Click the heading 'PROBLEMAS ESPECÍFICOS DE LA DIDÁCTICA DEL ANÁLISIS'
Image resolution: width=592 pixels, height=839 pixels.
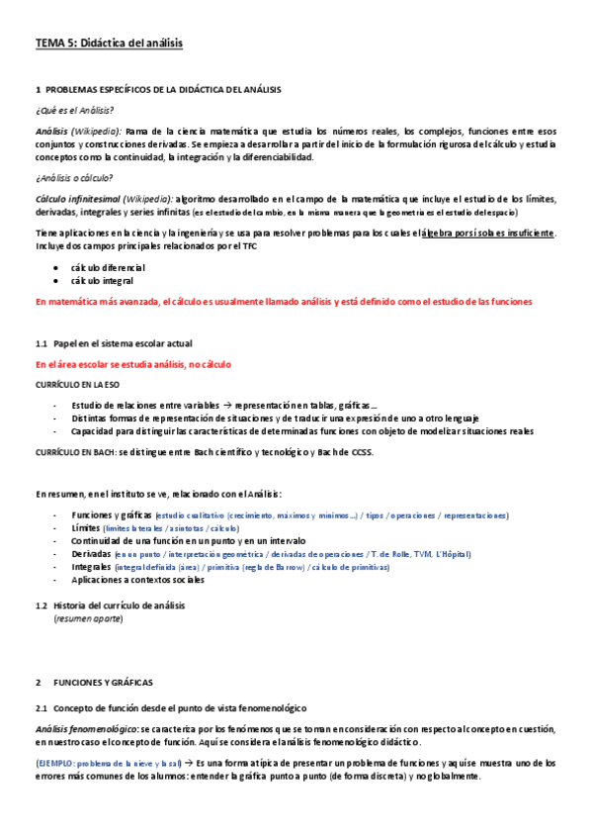pyautogui.click(x=163, y=89)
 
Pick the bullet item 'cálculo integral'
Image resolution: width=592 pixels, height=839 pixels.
pyautogui.click(x=103, y=282)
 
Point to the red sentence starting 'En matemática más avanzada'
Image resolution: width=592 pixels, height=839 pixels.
pyautogui.click(x=283, y=302)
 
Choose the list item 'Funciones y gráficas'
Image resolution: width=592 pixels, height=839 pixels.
pyautogui.click(x=112, y=515)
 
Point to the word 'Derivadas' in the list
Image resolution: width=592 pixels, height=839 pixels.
pyautogui.click(x=91, y=554)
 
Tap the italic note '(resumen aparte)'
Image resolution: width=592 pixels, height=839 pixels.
pyautogui.click(x=88, y=618)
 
